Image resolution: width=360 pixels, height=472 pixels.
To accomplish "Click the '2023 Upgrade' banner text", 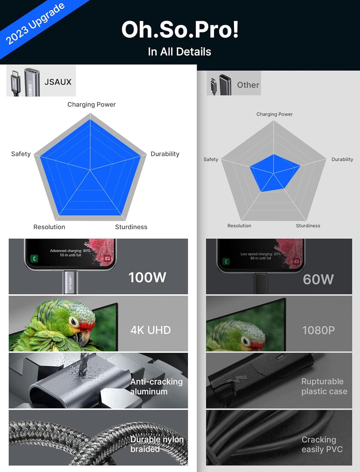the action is click(x=35, y=23).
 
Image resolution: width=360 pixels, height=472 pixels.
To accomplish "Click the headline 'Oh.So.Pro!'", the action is click(x=180, y=29).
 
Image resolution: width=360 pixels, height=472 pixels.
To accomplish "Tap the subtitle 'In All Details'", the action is click(x=180, y=52).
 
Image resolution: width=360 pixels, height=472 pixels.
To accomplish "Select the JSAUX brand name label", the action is click(x=58, y=82).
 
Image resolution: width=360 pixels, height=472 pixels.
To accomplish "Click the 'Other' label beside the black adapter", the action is click(x=248, y=85).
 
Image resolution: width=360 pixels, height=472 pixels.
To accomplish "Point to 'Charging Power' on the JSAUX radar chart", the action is click(x=91, y=104).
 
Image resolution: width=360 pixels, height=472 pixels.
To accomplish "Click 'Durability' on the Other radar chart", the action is click(x=342, y=159).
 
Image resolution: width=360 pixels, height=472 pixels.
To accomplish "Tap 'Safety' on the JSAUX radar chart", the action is click(x=21, y=154).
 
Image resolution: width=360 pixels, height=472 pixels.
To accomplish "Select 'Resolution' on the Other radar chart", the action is click(x=239, y=226).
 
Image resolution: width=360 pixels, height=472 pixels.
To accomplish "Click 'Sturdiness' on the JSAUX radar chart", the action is click(x=131, y=227).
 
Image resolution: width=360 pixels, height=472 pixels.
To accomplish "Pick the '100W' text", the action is click(x=147, y=277).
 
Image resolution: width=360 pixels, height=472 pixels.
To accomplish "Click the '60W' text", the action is click(x=318, y=279).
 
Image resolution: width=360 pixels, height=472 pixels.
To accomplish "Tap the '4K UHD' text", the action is click(x=150, y=330).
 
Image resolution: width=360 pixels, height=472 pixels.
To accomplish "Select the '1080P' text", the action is click(x=319, y=330).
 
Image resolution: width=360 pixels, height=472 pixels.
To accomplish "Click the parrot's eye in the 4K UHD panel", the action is click(x=74, y=321).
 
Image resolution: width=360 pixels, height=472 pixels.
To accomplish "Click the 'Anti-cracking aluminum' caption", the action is click(x=157, y=387).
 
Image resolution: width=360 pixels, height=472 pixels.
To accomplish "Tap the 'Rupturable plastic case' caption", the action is click(x=324, y=386).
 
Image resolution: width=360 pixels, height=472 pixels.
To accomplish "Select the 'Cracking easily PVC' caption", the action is click(x=322, y=444).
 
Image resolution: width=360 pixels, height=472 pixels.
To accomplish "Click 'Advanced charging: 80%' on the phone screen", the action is click(x=70, y=251).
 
